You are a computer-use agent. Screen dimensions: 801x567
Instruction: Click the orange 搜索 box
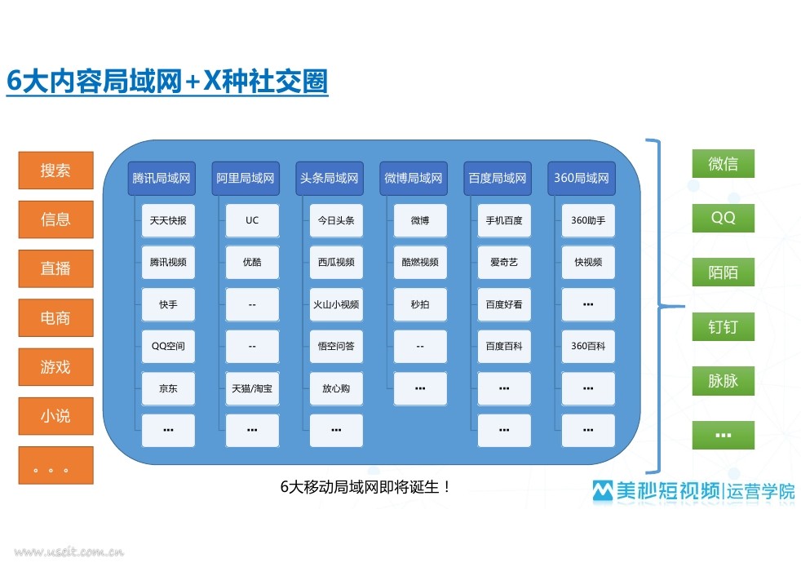click(55, 170)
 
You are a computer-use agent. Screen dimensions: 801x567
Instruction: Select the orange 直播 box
click(55, 268)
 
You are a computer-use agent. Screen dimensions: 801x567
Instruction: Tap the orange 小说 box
click(55, 416)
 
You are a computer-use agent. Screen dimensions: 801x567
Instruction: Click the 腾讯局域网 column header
click(162, 179)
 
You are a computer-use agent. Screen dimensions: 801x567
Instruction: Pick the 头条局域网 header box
click(330, 179)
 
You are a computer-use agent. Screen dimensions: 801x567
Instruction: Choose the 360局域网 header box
click(582, 179)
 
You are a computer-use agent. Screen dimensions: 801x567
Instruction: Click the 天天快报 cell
click(168, 220)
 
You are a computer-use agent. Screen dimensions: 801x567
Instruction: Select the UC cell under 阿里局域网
click(252, 220)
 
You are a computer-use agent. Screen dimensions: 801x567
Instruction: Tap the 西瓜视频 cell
click(336, 262)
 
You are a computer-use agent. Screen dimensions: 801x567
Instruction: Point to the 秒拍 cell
click(420, 304)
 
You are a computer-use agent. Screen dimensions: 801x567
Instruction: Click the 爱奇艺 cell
click(504, 262)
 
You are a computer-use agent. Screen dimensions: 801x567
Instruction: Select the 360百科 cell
click(588, 347)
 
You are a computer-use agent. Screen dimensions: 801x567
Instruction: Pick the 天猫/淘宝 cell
click(252, 388)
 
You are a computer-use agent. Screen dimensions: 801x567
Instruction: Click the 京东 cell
click(168, 388)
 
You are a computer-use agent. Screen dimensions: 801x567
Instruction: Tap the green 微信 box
click(724, 163)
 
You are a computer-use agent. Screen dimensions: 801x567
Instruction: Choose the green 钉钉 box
click(724, 326)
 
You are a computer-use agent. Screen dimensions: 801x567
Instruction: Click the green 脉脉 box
click(724, 380)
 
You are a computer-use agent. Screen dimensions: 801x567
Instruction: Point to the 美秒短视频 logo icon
click(603, 491)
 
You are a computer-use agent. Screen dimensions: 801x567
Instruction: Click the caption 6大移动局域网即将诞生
click(365, 487)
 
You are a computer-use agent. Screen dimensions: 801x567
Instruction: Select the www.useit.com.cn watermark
click(69, 551)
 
